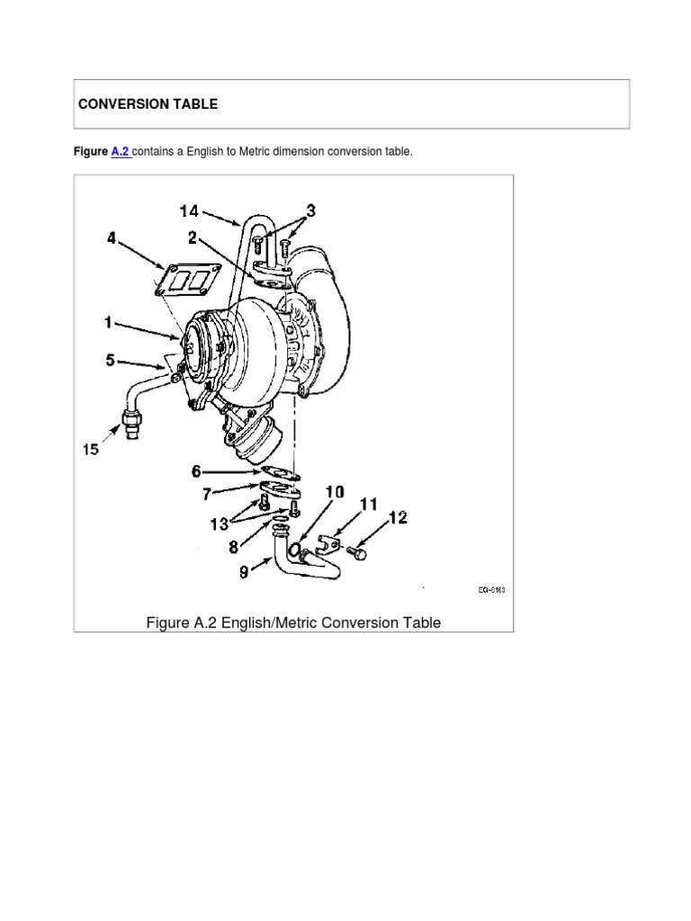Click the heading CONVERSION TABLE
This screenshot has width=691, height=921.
148,104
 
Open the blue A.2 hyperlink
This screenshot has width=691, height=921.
121,152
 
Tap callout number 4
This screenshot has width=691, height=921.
111,239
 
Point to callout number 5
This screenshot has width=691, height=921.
111,361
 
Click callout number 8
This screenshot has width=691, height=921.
233,545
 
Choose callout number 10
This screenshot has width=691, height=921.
334,492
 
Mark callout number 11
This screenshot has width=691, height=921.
368,505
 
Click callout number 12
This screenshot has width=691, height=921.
398,517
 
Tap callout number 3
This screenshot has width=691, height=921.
310,210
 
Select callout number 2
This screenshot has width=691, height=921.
193,238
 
